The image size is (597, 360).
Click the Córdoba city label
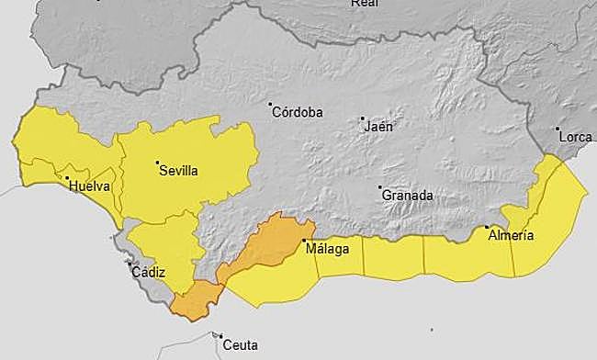point(298,112)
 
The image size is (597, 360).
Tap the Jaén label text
point(378,127)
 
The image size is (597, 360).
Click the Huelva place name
point(89,186)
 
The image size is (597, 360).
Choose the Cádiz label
point(148,272)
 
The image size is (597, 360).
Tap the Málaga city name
point(330,250)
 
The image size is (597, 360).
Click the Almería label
point(510,236)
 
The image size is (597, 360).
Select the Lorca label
point(576,137)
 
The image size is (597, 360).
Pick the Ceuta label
point(240,345)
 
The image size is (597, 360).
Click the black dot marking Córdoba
point(271,104)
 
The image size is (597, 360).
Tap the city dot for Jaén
point(363,118)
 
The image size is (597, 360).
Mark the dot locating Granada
point(380,187)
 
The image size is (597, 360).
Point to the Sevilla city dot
point(157,163)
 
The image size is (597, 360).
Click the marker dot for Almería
point(486,227)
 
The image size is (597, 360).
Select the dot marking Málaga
point(305,242)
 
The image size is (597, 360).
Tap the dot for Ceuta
point(219,336)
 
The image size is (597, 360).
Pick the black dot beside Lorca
point(558,129)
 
